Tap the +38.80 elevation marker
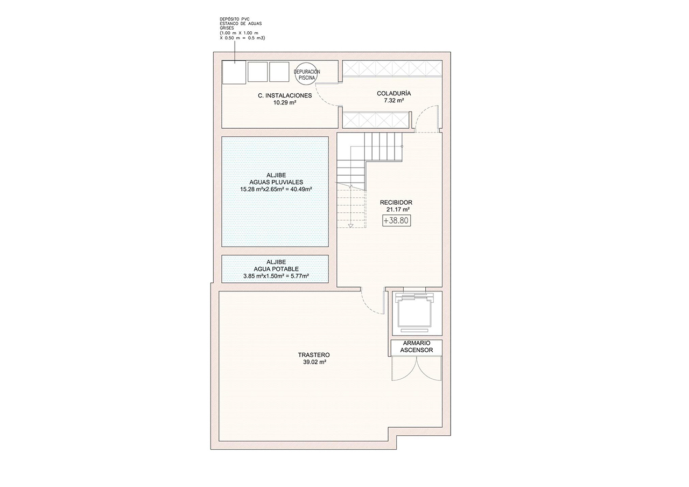[397, 220]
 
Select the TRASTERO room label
[314, 354]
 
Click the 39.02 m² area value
[314, 362]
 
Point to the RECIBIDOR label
[396, 203]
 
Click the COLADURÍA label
[393, 93]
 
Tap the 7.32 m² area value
[393, 100]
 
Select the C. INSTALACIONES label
[285, 95]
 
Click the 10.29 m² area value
[285, 102]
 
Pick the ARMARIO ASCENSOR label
[417, 346]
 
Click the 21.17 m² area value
[398, 210]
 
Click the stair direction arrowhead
[350, 226]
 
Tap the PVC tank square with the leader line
[234, 72]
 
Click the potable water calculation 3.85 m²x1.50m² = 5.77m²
[276, 276]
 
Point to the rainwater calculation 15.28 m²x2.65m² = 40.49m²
[276, 189]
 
